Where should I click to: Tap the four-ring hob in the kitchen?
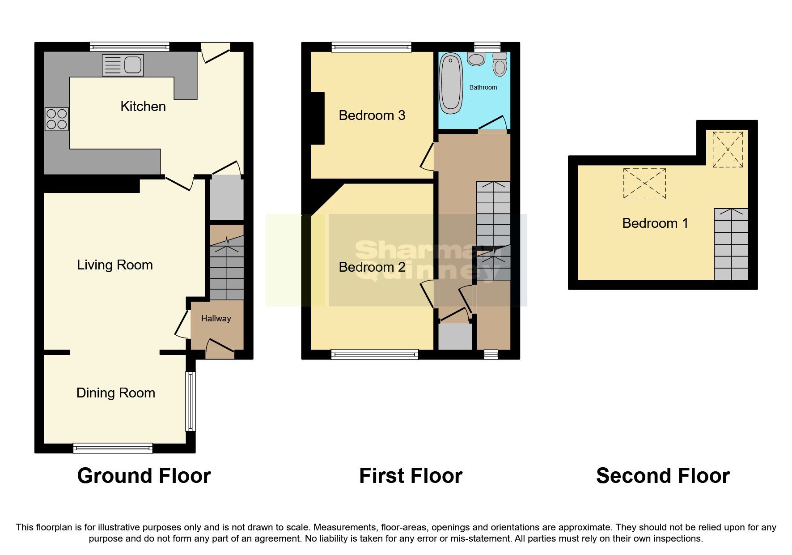click(56, 119)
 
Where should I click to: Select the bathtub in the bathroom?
click(451, 83)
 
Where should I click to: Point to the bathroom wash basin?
click(476, 59)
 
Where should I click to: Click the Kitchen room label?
click(143, 107)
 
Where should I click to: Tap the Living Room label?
click(115, 265)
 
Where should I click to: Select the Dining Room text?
click(116, 393)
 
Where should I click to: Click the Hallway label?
click(216, 319)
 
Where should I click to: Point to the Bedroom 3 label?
click(372, 115)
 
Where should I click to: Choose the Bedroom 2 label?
click(372, 267)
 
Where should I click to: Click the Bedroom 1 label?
click(655, 223)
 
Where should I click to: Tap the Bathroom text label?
click(483, 87)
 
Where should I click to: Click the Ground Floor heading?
click(144, 476)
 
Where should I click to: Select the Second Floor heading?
click(663, 476)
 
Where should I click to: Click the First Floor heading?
click(411, 476)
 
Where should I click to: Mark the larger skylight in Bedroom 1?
click(644, 183)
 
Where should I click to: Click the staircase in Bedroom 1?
click(731, 244)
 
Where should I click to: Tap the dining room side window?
click(191, 401)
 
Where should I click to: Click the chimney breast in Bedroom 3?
click(318, 118)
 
